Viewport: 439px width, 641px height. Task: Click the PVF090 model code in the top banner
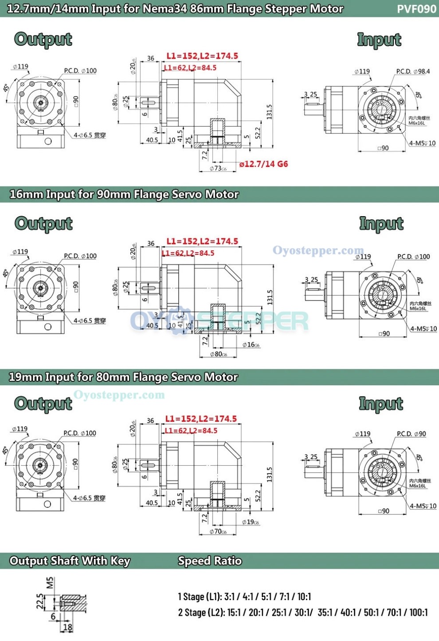416,9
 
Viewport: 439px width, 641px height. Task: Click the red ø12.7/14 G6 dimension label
263,164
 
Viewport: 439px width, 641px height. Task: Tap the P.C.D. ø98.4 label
413,71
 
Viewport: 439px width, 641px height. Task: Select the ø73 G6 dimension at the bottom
218,169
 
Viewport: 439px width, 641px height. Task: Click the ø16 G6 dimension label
251,345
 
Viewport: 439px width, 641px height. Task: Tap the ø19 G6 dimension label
251,522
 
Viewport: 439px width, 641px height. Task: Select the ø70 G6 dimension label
218,531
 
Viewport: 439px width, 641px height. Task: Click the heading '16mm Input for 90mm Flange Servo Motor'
124,194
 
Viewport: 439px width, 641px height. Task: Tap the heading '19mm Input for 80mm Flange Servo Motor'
123,377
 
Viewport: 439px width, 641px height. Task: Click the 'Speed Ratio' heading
210,561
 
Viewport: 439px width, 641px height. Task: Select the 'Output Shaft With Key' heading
70,561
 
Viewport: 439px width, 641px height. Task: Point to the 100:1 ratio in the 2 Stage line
419,613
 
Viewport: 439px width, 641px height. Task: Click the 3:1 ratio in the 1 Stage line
231,597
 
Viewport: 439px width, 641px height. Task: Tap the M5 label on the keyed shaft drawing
50,582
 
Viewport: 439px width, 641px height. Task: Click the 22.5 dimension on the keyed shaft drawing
40,601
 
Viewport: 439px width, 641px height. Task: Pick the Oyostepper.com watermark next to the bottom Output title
119,395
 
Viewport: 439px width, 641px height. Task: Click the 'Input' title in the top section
379,40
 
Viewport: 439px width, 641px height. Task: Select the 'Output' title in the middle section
43,223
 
